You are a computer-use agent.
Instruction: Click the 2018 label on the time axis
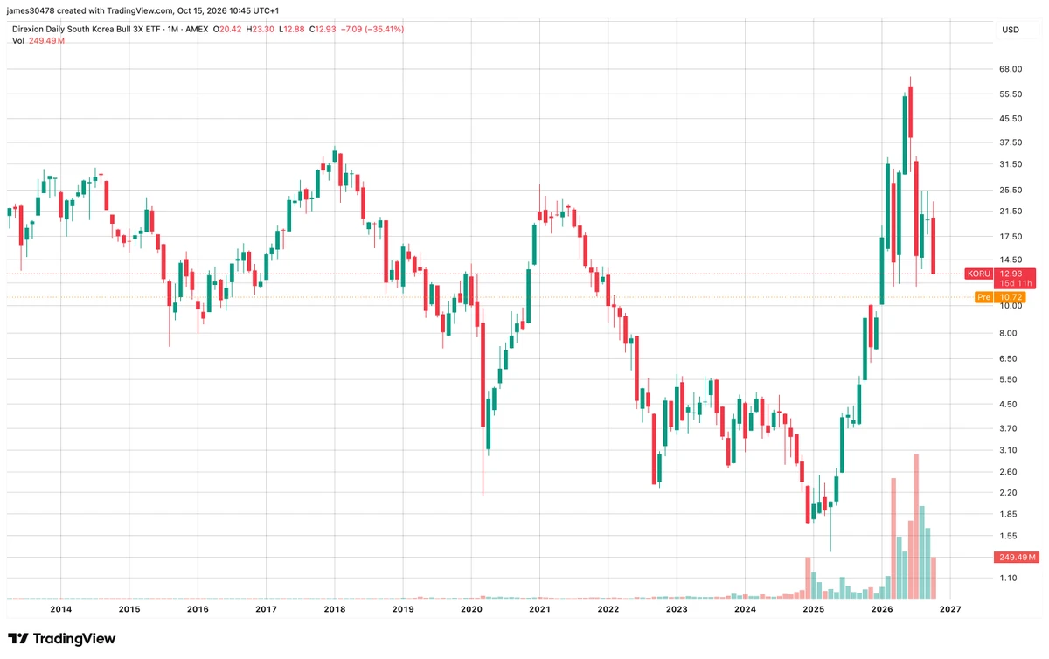point(334,609)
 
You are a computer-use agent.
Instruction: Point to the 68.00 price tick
point(1011,69)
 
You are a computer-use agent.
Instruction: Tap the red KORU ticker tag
point(979,274)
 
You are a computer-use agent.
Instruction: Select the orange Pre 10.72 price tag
point(1000,297)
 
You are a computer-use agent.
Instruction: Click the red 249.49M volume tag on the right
point(1017,558)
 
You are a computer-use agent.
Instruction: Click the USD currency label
point(1011,30)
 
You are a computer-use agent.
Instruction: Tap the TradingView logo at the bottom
point(61,638)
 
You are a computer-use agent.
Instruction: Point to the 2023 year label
point(677,609)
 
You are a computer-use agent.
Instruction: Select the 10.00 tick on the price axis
point(1011,306)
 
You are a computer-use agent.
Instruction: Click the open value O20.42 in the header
point(227,29)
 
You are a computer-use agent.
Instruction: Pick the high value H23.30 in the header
point(260,29)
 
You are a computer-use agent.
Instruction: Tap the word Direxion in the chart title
point(27,29)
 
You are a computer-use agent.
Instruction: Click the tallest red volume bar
point(916,526)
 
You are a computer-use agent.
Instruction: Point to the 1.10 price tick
point(1008,578)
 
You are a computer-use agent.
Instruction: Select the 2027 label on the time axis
point(950,609)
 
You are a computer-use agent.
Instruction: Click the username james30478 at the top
point(31,10)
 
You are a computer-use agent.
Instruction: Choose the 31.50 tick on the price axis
point(1011,164)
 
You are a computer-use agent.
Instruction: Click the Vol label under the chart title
point(17,41)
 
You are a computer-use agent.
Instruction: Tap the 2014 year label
point(61,609)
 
